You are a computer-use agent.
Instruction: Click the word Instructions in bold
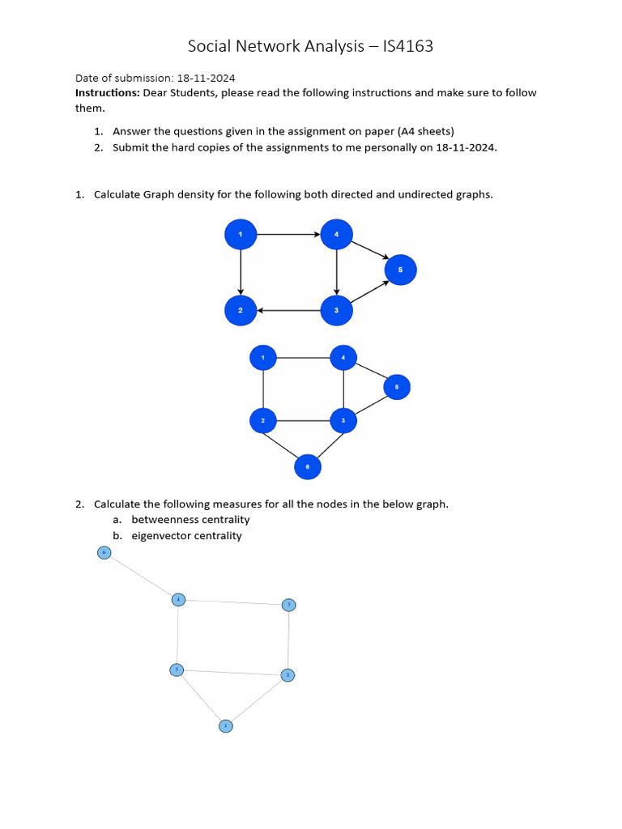pos(107,93)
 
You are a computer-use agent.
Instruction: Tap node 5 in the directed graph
pos(400,270)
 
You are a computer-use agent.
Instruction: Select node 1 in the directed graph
pos(240,235)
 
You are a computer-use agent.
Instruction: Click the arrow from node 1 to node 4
pos(288,235)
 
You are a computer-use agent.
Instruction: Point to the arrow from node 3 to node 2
pos(288,310)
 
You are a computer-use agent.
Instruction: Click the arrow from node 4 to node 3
pos(336,272)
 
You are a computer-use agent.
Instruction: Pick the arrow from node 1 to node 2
pos(240,272)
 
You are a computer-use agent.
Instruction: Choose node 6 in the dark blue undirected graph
pos(307,466)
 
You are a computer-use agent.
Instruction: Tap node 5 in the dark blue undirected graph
pos(397,387)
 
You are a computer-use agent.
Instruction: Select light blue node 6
pos(104,553)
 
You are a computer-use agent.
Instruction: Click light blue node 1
pos(226,726)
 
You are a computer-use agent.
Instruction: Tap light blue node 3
pos(289,605)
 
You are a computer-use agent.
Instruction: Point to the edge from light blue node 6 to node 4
pos(141,576)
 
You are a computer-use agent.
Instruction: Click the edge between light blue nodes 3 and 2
pos(289,640)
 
